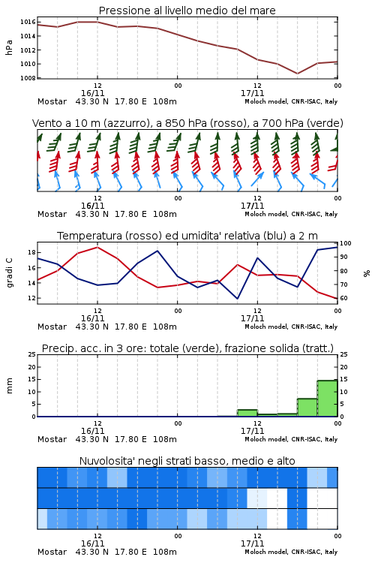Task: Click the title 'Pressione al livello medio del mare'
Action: pos(187,11)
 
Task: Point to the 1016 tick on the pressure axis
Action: pos(28,22)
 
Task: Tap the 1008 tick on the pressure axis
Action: pos(28,78)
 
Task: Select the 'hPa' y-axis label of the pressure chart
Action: pos(9,47)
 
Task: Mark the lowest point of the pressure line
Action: pos(297,74)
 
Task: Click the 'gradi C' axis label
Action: pos(10,272)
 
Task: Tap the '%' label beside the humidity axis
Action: pos(367,273)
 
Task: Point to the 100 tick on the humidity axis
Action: pos(346,243)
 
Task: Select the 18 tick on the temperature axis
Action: pos(31,252)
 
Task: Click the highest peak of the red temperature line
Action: pos(97,247)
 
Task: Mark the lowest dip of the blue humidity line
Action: pos(237,298)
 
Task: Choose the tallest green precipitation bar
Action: pos(327,399)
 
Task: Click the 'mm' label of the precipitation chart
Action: pos(10,386)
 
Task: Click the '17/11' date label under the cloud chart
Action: pos(252,543)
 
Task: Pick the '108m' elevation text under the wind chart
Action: pos(165,214)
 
